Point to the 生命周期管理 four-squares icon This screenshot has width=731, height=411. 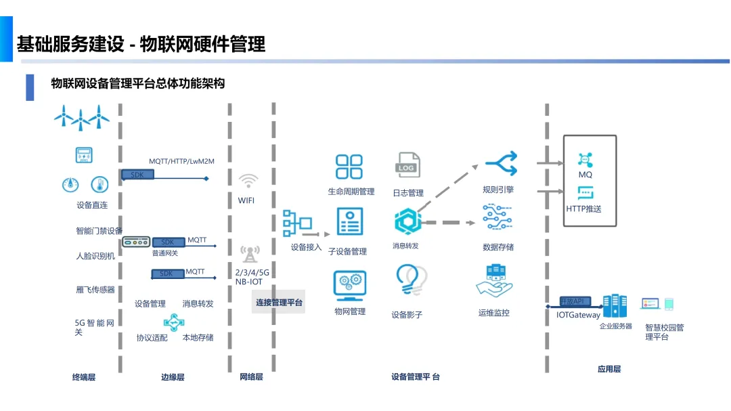coord(350,167)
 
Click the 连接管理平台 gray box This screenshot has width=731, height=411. coord(279,302)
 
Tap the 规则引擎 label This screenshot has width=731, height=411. coord(498,190)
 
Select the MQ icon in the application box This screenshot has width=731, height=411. coord(585,160)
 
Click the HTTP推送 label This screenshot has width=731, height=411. coord(583,209)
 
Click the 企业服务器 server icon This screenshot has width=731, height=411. coord(615,306)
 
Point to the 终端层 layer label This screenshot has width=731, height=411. coord(84,377)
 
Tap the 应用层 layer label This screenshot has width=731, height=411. coord(609,369)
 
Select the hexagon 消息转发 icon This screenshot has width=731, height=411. coord(407,221)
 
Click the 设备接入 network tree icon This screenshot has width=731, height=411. coord(297,223)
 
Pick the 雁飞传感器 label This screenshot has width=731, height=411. coord(95,290)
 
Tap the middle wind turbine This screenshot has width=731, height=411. coord(81,118)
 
